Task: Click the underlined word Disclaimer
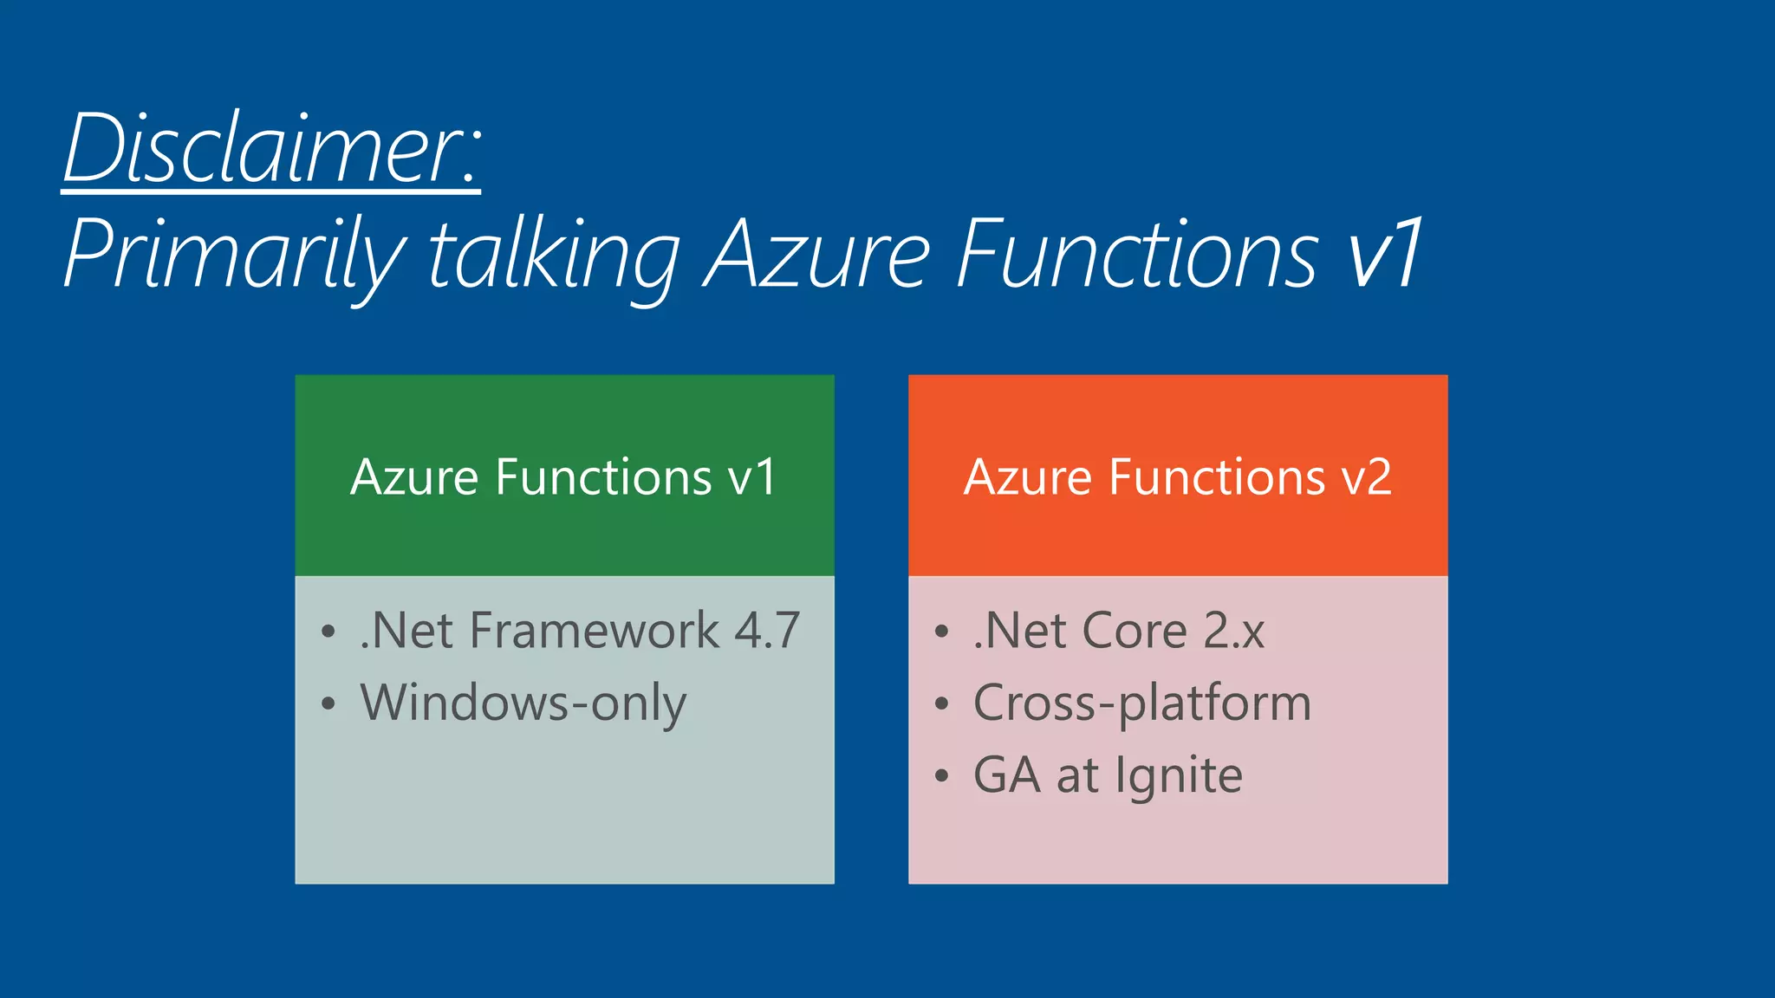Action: (x=270, y=149)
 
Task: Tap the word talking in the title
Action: (x=555, y=255)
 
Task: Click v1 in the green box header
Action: (x=751, y=477)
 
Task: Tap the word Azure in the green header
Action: (x=414, y=477)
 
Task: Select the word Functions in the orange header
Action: (x=1216, y=477)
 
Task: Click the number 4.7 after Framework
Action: (x=767, y=631)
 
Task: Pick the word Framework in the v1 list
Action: (x=594, y=631)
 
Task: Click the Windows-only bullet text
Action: (x=523, y=703)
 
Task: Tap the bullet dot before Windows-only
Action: (x=328, y=703)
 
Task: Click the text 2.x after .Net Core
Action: (x=1234, y=631)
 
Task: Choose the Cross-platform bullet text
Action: (x=1142, y=703)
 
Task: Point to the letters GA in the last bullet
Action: (x=1006, y=775)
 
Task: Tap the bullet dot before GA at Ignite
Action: (x=942, y=776)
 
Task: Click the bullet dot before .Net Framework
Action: (x=328, y=632)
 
